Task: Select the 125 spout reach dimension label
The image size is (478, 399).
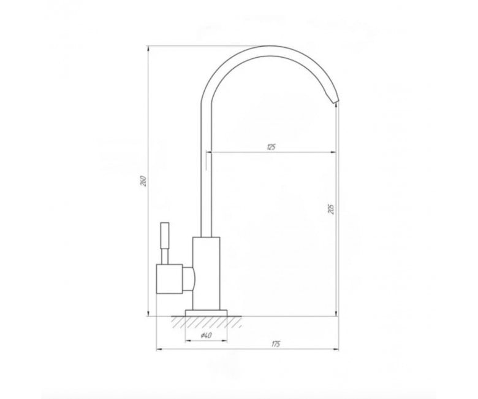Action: [271, 147]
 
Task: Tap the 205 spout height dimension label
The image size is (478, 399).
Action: [332, 209]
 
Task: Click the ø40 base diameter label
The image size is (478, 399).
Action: [206, 336]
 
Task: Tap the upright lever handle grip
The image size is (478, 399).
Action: [165, 236]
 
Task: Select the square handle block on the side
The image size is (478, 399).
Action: [170, 279]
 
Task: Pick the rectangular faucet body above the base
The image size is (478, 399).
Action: [206, 274]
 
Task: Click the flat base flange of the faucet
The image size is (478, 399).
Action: [207, 313]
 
